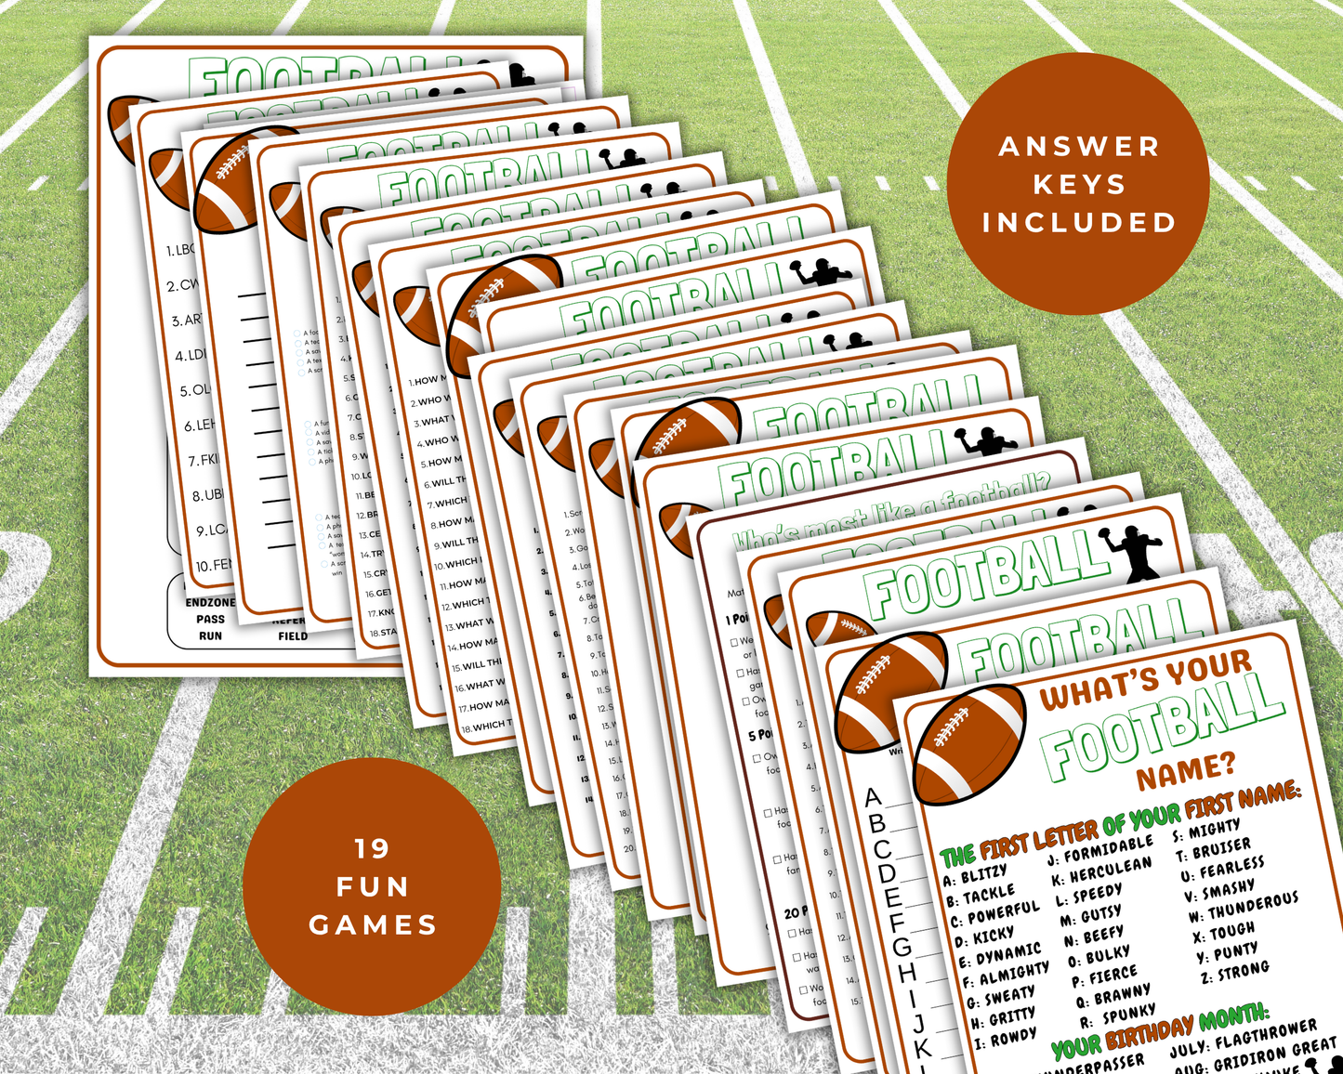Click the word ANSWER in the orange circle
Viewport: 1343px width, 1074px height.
[x=1079, y=147]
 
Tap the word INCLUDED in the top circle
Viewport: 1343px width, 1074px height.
[x=1079, y=223]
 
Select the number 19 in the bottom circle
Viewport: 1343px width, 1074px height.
[x=372, y=848]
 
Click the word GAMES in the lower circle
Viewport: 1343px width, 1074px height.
[x=373, y=925]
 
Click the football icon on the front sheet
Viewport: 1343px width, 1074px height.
[x=969, y=744]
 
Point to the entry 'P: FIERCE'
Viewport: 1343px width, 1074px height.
[x=1104, y=976]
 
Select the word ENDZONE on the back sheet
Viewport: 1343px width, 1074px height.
[x=210, y=603]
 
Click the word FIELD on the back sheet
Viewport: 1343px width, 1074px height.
[x=293, y=636]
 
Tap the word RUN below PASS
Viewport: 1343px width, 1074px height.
[x=210, y=636]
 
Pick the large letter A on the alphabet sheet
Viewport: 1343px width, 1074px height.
[x=873, y=797]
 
